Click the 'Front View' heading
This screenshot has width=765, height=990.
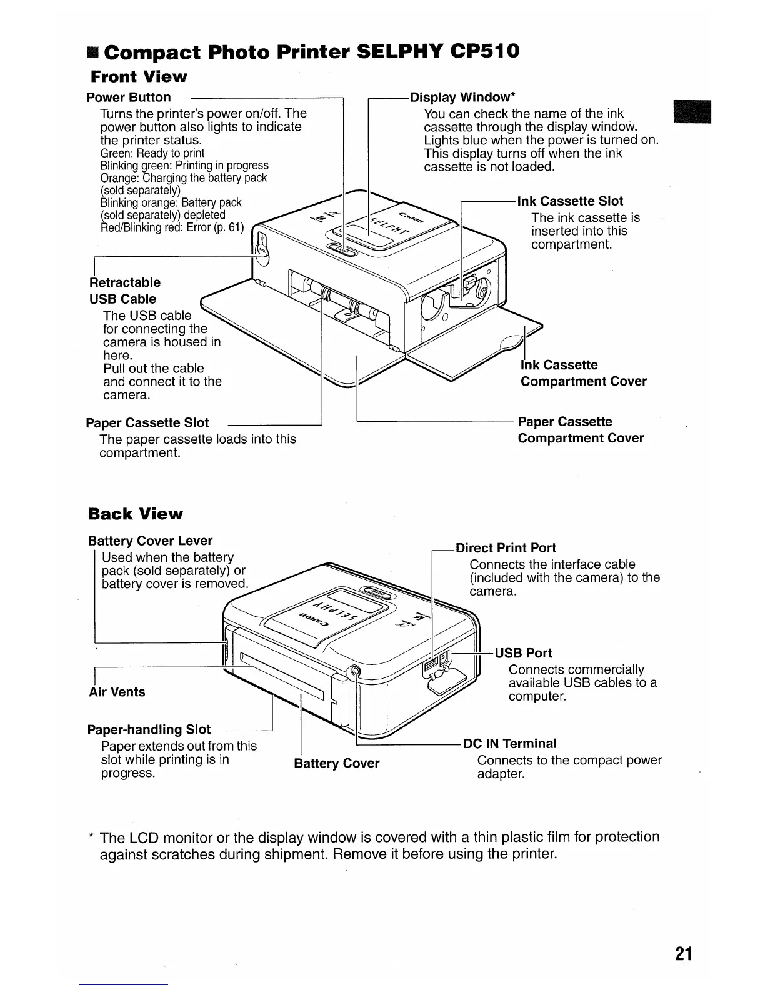(x=139, y=77)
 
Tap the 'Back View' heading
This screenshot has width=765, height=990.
(x=136, y=514)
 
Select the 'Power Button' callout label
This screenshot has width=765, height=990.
(x=129, y=97)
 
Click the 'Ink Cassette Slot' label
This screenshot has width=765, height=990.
(x=570, y=201)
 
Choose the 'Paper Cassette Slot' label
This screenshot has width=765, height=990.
(x=147, y=423)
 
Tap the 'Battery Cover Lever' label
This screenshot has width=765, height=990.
(x=150, y=541)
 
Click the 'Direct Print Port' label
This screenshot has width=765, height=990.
(x=506, y=548)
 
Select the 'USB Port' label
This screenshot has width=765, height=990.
(x=523, y=653)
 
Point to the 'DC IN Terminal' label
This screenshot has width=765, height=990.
(x=509, y=744)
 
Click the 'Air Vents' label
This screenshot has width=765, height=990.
(x=117, y=692)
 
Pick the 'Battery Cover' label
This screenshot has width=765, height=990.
(x=336, y=763)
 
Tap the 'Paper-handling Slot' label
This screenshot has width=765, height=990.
(x=149, y=729)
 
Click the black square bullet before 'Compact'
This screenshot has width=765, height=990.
(x=92, y=52)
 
